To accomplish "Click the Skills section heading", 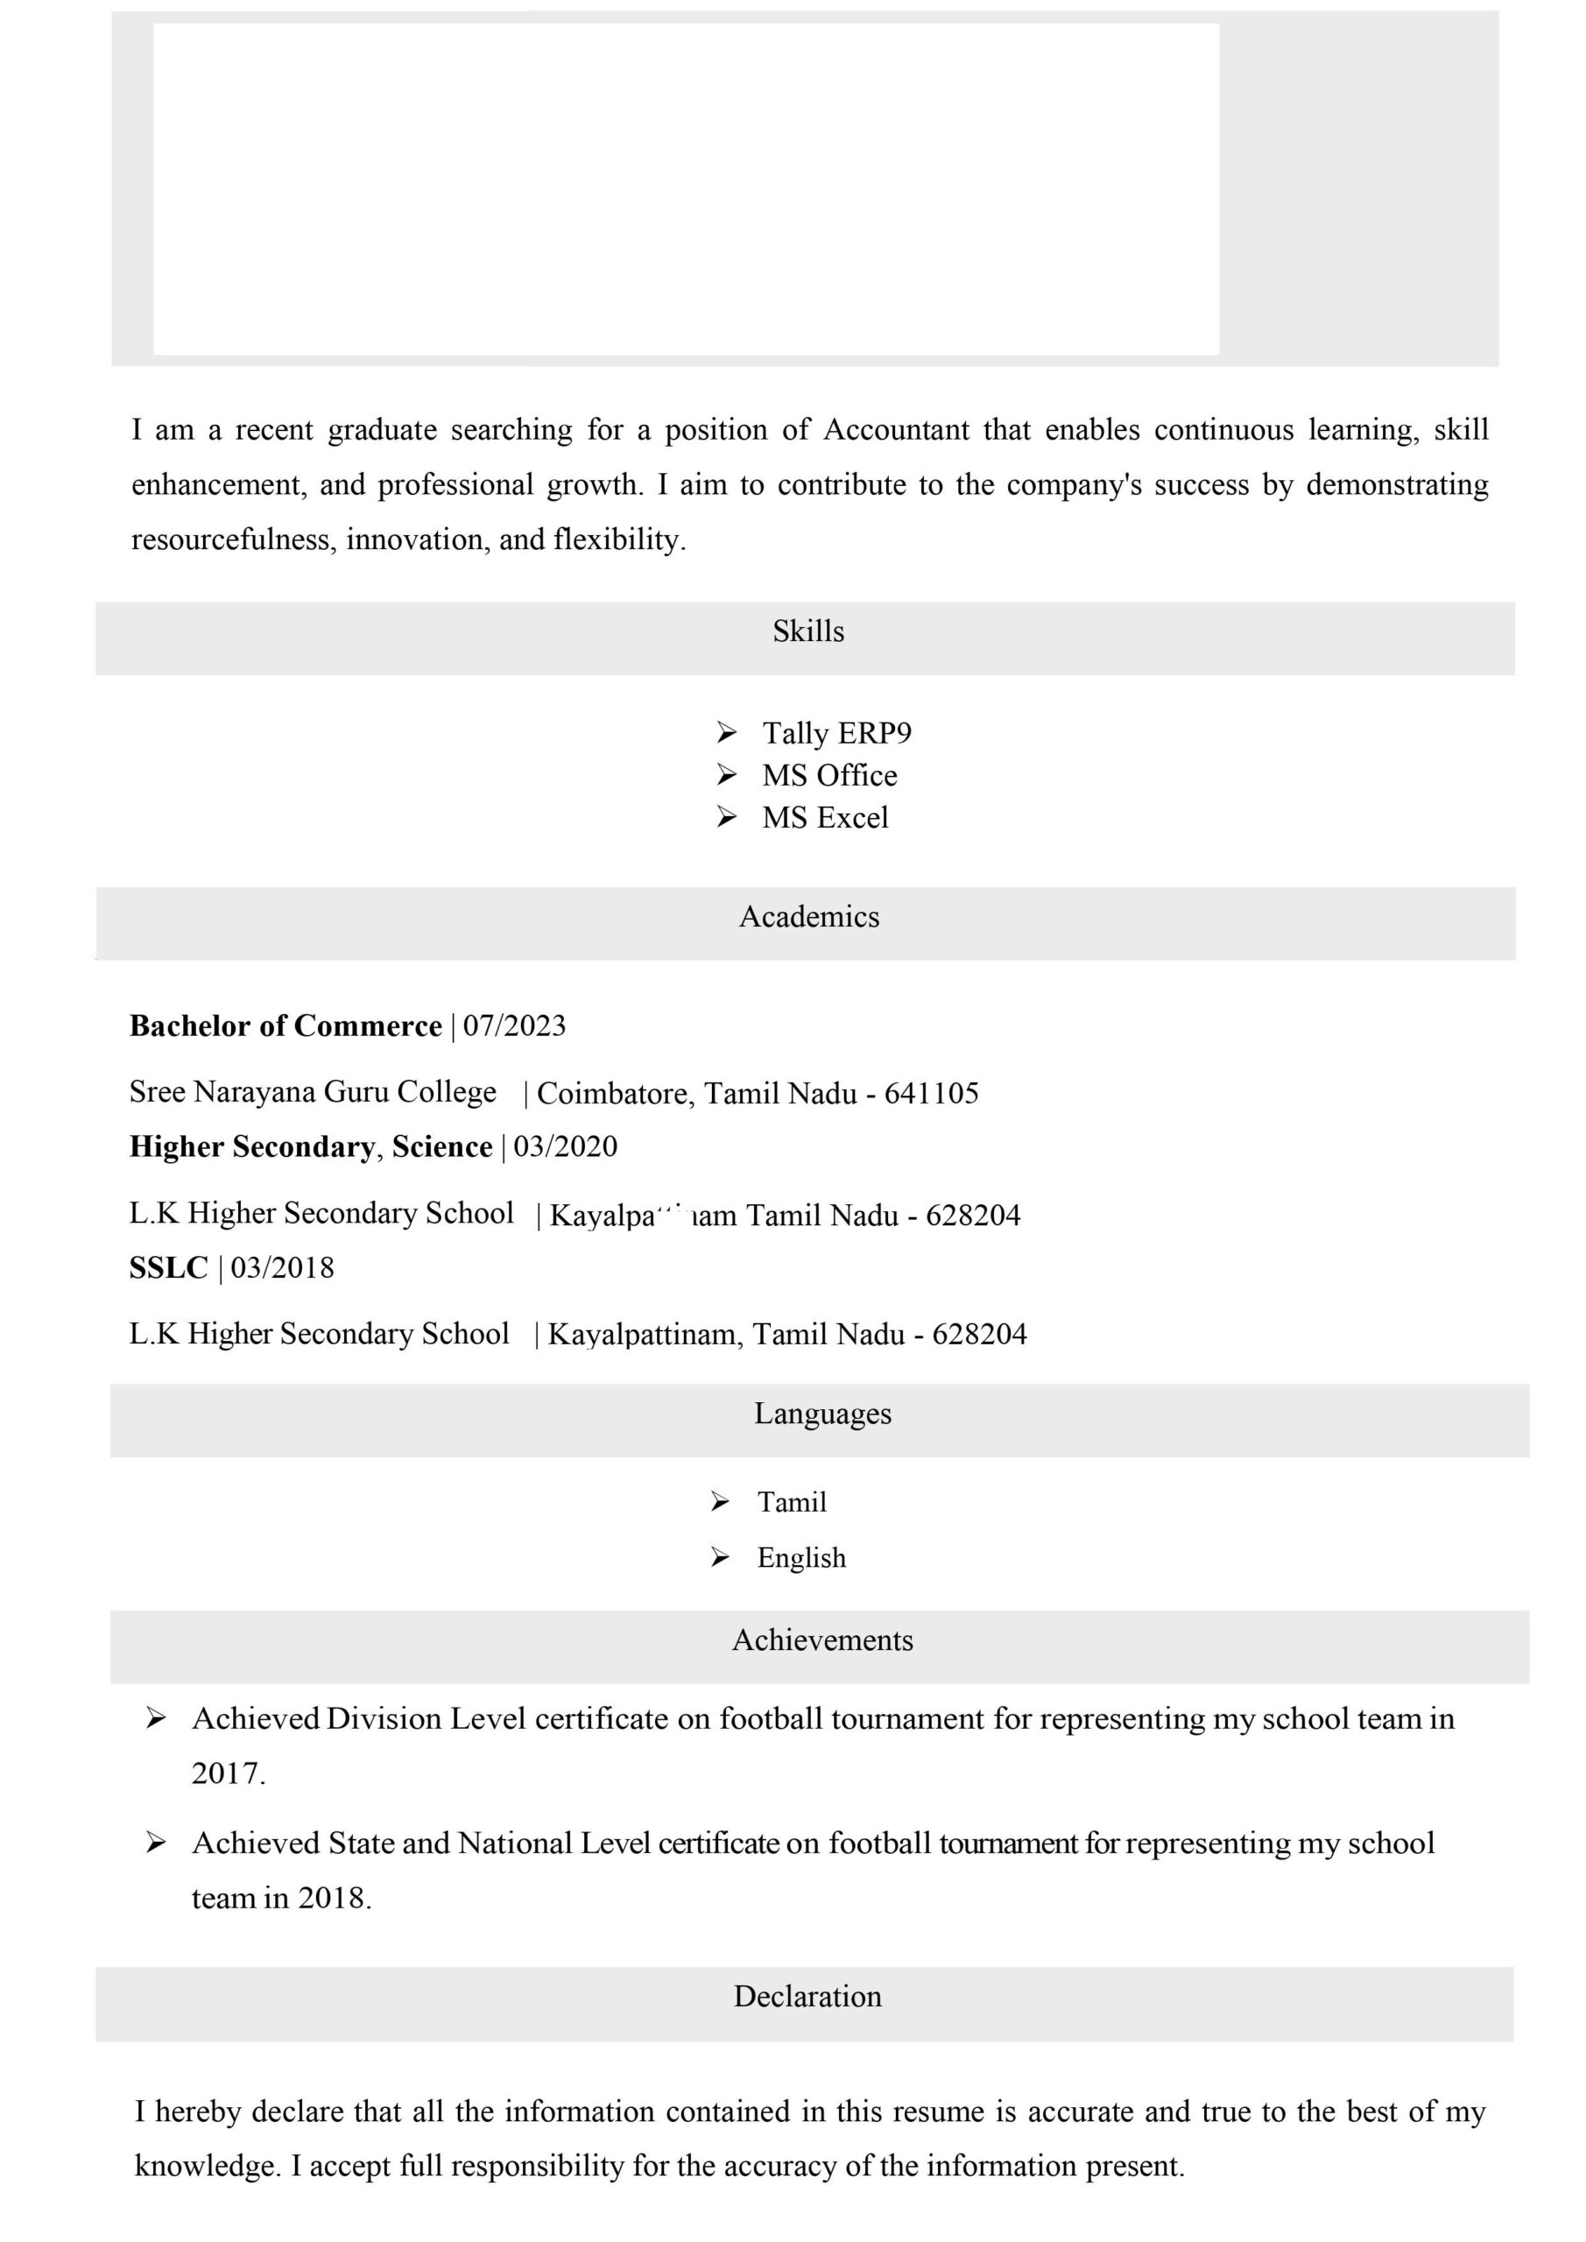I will coord(807,631).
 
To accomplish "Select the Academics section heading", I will coord(808,917).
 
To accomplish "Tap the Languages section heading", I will coord(822,1414).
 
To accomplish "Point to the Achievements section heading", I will coord(822,1640).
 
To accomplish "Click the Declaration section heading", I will coord(807,1997).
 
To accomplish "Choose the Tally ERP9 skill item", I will coord(836,732).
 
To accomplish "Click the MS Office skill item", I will coord(829,775).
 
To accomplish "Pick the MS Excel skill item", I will coord(824,817).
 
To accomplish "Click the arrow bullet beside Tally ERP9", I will coord(726,731).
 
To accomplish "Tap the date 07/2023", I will coord(514,1026).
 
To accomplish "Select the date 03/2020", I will coord(566,1146).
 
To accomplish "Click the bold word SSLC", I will coord(168,1267).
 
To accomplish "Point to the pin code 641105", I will coord(931,1093).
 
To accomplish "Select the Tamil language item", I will coord(791,1502).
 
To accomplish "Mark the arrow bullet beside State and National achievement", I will coord(155,1843).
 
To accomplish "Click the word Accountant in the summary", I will coord(896,430).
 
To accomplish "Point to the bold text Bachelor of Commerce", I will coord(285,1026).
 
